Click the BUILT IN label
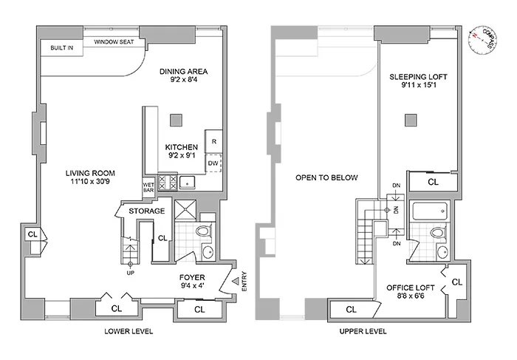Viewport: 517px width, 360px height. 61,47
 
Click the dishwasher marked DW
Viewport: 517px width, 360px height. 213,163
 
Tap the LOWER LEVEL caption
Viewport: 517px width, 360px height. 129,332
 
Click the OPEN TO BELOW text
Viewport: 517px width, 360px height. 326,177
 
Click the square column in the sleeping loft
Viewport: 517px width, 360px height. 409,120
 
